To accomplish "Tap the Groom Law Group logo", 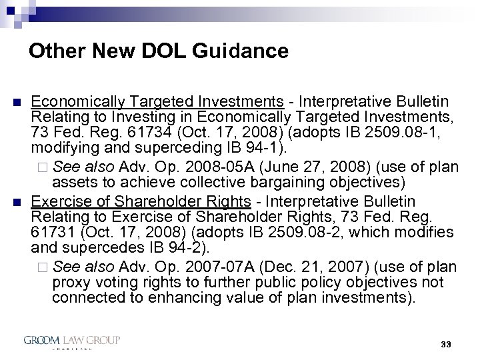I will pos(71,342).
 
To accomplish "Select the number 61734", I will pos(157,130).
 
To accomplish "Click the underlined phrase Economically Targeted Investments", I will pos(157,101).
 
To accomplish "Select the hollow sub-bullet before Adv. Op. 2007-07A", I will pos(45,267).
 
